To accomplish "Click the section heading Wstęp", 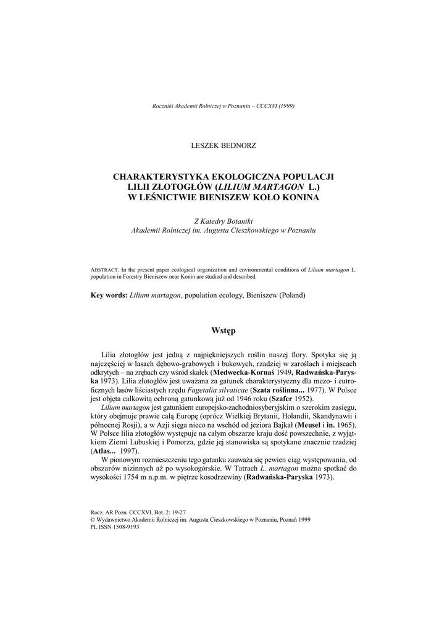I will pyautogui.click(x=223, y=331).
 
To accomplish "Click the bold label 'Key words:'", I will pyautogui.click(x=109, y=296).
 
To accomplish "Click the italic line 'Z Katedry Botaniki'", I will pyautogui.click(x=223, y=221).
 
